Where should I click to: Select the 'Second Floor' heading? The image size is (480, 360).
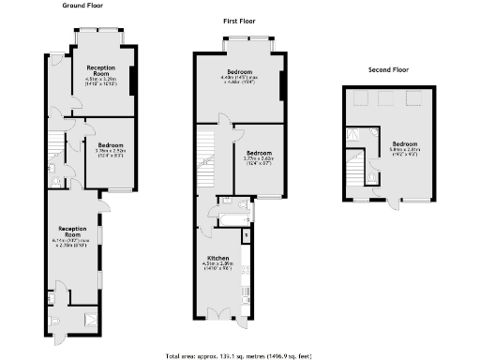387,69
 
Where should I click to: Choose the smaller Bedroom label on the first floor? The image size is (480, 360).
258,155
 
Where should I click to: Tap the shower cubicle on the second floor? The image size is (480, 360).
354,135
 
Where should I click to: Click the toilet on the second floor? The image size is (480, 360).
373,175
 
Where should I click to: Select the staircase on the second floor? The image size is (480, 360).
355,169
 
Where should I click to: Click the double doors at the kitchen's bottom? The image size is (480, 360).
218,311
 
